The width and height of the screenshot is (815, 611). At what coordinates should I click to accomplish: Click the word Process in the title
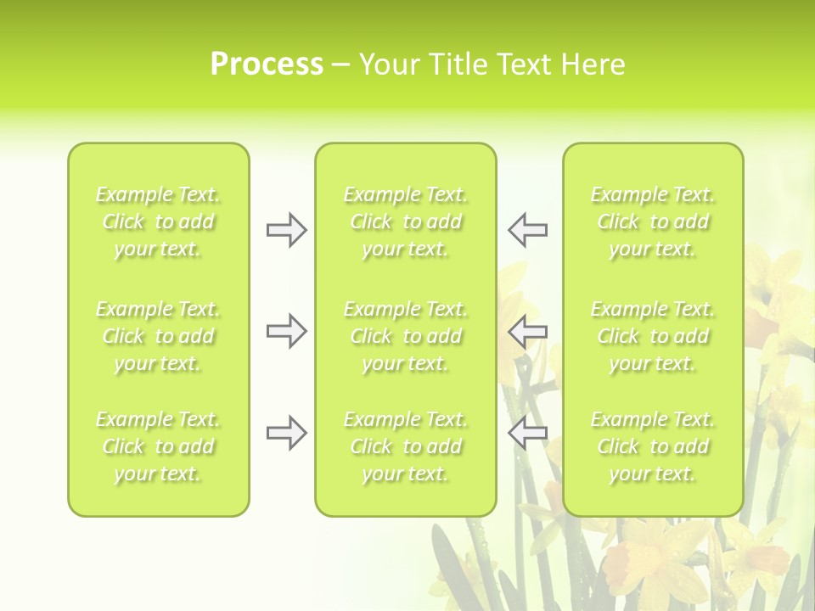tap(267, 64)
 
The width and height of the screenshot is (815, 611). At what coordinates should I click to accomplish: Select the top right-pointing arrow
tap(286, 230)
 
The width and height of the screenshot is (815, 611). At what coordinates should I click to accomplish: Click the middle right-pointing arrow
tap(286, 331)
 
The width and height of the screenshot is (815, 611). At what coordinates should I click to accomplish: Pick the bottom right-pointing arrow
tap(286, 433)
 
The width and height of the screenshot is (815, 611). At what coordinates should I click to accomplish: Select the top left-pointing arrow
tap(527, 230)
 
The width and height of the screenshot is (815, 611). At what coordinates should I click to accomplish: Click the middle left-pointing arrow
tap(527, 331)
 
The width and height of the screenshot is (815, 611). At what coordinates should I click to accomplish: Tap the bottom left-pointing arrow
tap(527, 433)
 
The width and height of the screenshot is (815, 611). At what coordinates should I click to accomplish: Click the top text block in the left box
tap(158, 222)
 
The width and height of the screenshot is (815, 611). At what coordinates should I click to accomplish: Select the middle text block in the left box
tap(158, 336)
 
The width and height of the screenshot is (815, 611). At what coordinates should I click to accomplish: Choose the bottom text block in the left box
tap(158, 446)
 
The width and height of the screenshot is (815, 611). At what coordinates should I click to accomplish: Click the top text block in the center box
tap(405, 222)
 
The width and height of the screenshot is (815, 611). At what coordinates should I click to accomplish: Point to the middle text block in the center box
tap(405, 336)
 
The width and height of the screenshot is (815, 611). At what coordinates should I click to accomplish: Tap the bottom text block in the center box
tap(405, 446)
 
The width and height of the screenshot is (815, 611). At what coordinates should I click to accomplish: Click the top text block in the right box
tap(652, 222)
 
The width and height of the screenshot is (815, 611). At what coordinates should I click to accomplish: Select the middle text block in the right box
tap(652, 336)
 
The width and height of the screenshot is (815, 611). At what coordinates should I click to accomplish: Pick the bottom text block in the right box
tap(652, 446)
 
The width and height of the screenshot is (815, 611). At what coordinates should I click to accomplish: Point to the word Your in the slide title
tap(388, 64)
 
